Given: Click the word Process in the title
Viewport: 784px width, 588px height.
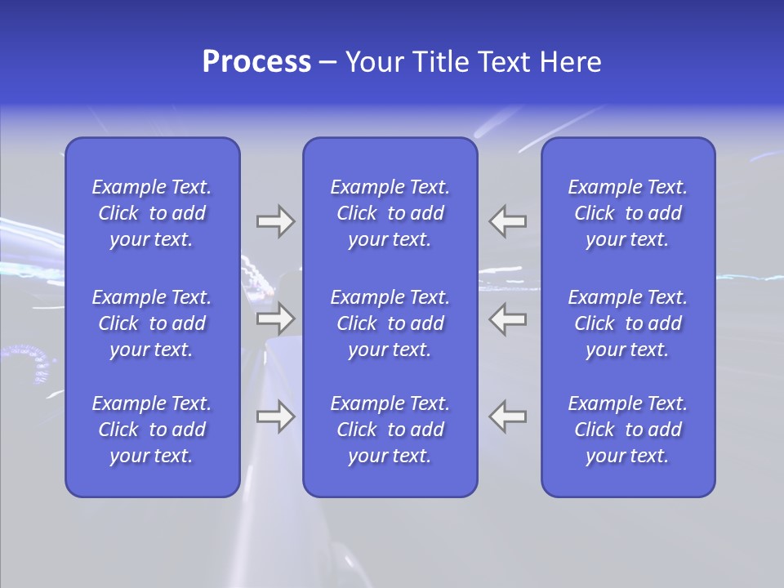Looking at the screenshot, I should click(256, 62).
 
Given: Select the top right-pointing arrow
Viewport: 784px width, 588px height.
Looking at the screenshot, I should click(275, 221).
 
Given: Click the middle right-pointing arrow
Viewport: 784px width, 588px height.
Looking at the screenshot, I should click(275, 318).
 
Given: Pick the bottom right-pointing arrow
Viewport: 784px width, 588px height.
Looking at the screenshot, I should click(275, 416).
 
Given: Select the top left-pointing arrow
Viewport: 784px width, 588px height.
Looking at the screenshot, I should click(508, 221).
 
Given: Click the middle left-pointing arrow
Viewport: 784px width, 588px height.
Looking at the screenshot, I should click(508, 318).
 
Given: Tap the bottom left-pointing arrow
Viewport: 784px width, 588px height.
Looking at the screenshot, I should click(508, 416).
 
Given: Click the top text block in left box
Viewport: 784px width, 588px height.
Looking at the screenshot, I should click(152, 213).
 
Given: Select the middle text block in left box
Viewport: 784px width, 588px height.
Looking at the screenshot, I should click(152, 323).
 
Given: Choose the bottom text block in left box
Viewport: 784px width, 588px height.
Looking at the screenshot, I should click(152, 430).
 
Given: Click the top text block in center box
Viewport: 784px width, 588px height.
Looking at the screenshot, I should click(390, 213).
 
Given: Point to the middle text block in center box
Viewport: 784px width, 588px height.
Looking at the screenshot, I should click(390, 323).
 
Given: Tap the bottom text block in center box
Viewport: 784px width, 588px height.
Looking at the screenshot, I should click(390, 430).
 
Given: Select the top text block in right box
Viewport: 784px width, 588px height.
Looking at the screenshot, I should click(627, 213).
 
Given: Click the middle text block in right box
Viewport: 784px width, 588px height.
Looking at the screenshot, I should click(627, 323).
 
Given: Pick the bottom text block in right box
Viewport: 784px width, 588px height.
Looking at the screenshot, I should click(627, 430).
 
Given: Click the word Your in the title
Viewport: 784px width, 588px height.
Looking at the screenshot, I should click(376, 62).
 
